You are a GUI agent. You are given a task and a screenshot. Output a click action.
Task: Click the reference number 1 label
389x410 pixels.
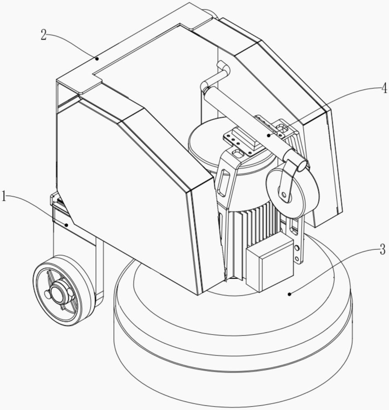click(4, 197)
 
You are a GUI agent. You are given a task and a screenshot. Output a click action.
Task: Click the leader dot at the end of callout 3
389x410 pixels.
click(290, 294)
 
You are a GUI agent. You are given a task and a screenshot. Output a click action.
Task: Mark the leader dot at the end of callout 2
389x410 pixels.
click(97, 59)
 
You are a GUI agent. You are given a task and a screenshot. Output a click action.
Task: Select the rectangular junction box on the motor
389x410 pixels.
click(269, 264)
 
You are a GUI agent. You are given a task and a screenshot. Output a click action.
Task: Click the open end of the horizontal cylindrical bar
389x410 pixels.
click(302, 165)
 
